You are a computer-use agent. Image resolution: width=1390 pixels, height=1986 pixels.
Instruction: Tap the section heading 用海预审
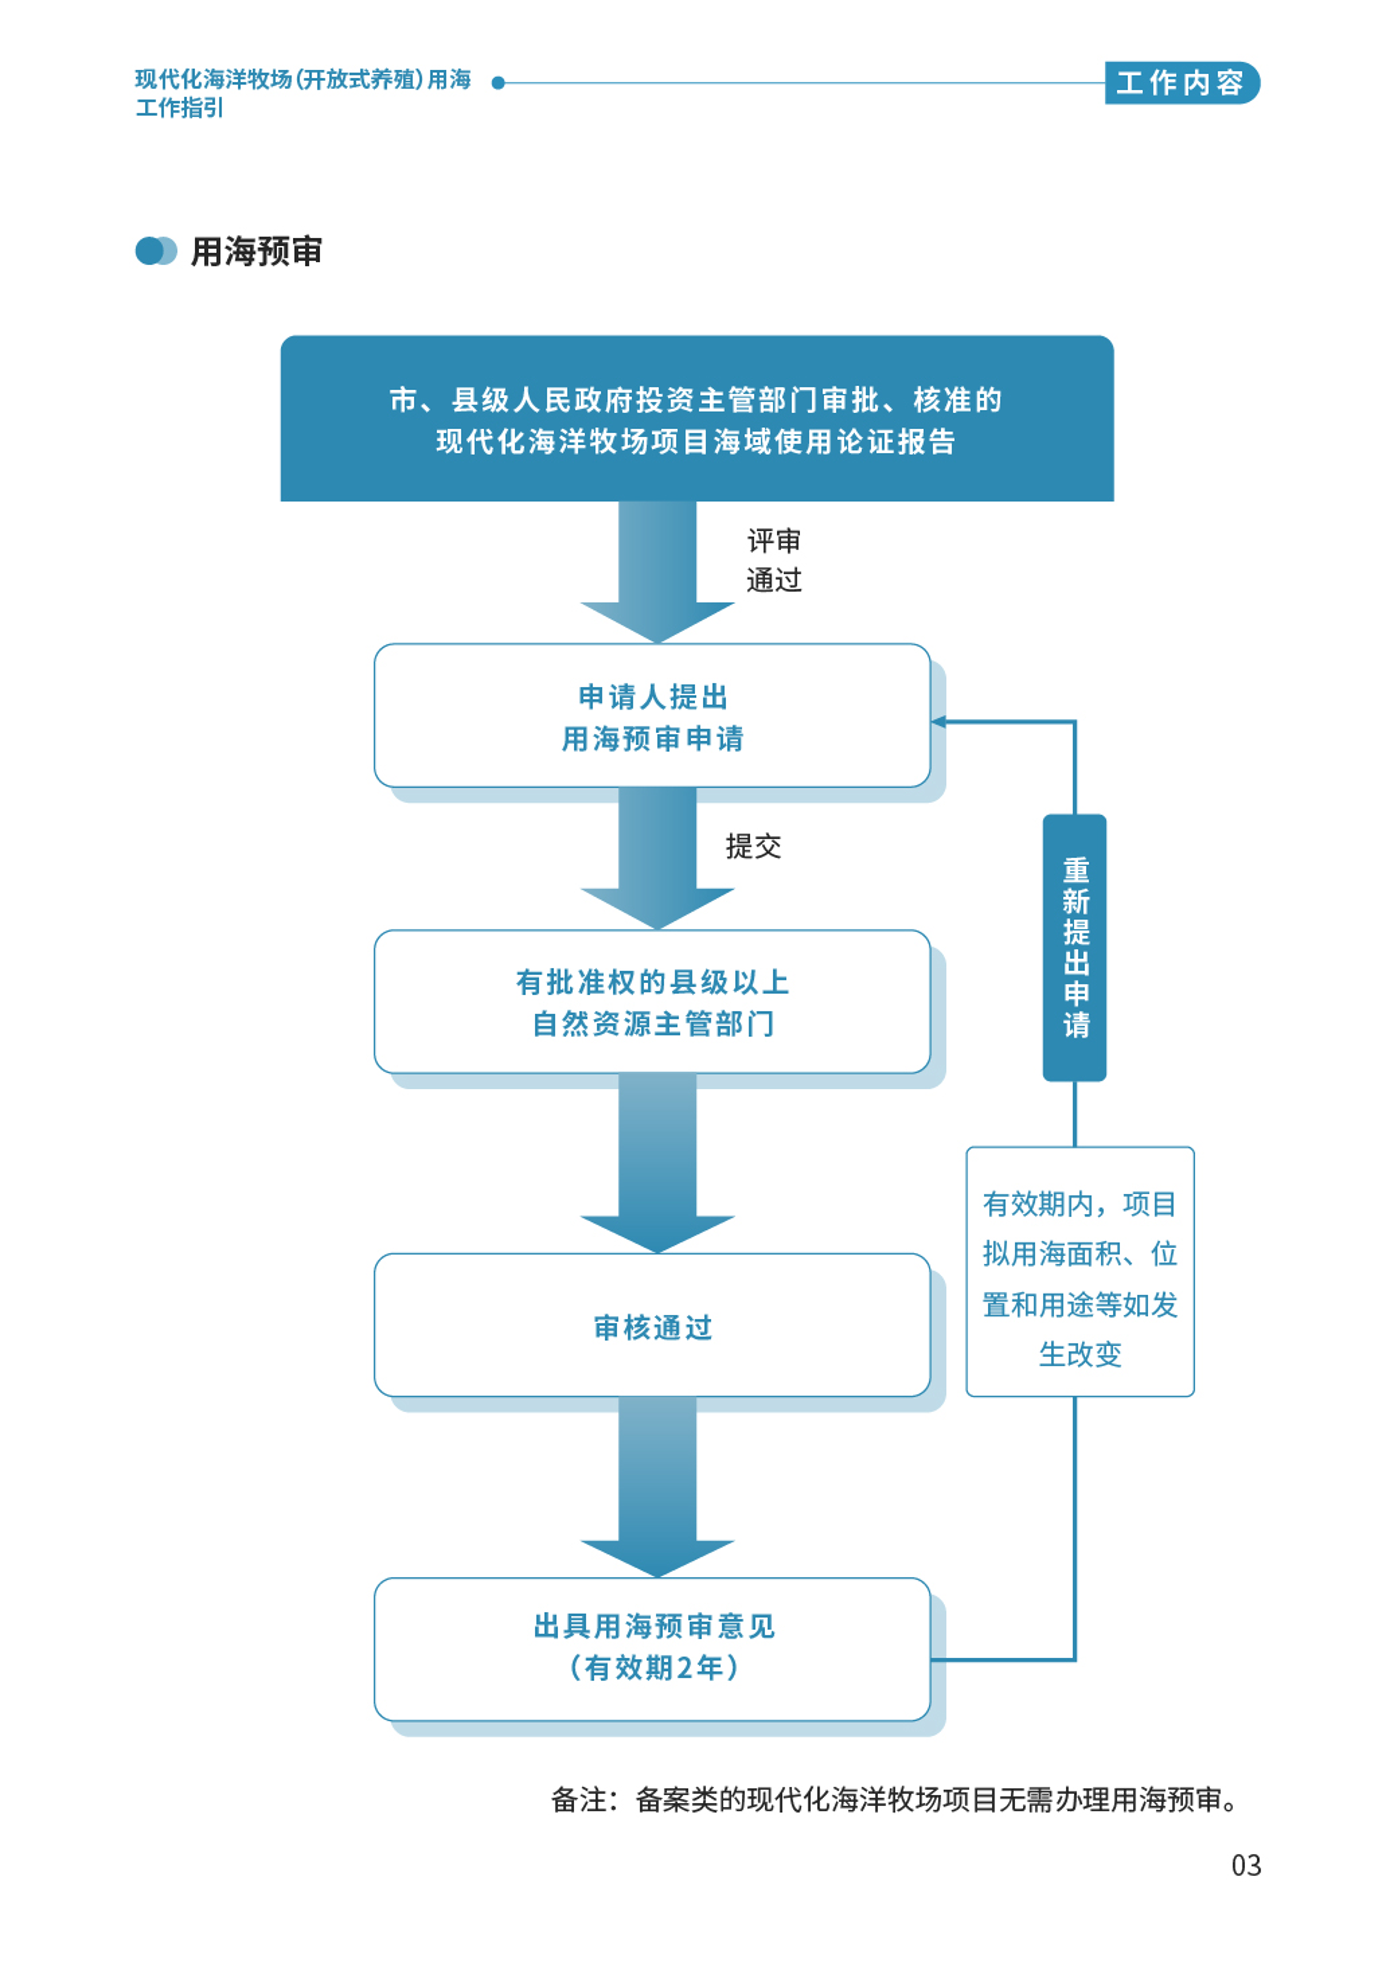[x=256, y=252]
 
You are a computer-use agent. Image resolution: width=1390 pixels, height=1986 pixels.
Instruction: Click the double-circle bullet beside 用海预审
[x=156, y=251]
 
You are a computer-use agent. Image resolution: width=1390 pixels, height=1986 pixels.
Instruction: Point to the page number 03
[x=1245, y=1866]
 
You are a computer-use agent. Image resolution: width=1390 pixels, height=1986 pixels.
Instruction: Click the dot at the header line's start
[x=498, y=83]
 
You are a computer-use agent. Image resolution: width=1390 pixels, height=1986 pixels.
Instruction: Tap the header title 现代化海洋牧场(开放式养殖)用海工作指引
[x=303, y=92]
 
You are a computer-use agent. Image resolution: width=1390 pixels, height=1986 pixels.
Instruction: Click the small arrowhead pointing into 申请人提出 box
[x=939, y=721]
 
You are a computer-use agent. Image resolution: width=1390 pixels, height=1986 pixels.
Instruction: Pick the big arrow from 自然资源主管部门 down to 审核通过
[x=657, y=1161]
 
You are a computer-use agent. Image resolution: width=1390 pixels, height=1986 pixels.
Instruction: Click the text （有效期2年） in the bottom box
[x=654, y=1668]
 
